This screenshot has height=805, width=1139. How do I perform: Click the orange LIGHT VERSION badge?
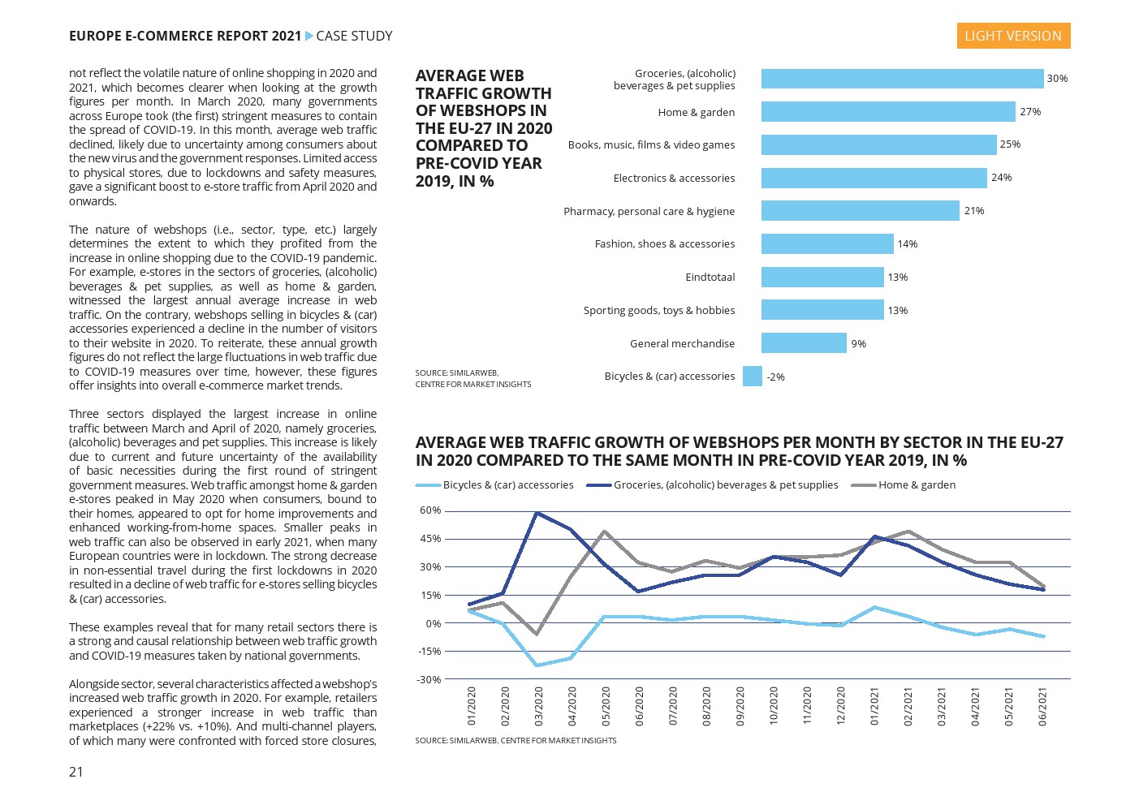pos(1012,36)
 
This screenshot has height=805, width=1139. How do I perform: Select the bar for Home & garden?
pos(887,112)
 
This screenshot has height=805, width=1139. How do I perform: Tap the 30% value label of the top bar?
pos(1057,79)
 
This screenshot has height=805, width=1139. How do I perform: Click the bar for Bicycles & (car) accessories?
pos(753,377)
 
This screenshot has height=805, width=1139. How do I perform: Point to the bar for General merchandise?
pos(804,343)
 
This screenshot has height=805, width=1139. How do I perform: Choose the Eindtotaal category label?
pos(710,278)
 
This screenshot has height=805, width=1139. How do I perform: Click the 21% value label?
pos(974,211)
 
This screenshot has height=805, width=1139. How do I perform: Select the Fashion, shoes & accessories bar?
pos(827,244)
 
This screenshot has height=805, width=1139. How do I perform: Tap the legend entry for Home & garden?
pos(916,485)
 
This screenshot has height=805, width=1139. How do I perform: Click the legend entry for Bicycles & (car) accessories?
pos(507,485)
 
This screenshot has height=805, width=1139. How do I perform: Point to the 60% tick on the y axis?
pos(430,510)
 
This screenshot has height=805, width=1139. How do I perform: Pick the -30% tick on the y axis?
pos(429,679)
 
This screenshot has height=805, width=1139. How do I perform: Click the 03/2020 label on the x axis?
pos(538,706)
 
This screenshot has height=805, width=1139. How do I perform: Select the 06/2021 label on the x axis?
pos(1042,706)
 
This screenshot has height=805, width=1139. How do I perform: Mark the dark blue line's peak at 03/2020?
pos(537,513)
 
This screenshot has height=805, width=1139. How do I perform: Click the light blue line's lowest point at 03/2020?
pos(537,665)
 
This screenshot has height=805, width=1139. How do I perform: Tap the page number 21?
pos(76,772)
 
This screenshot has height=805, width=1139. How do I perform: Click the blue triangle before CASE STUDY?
pos(308,36)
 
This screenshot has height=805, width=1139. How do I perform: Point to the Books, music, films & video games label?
pos(651,145)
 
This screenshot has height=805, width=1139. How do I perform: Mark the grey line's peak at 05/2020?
pos(605,532)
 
